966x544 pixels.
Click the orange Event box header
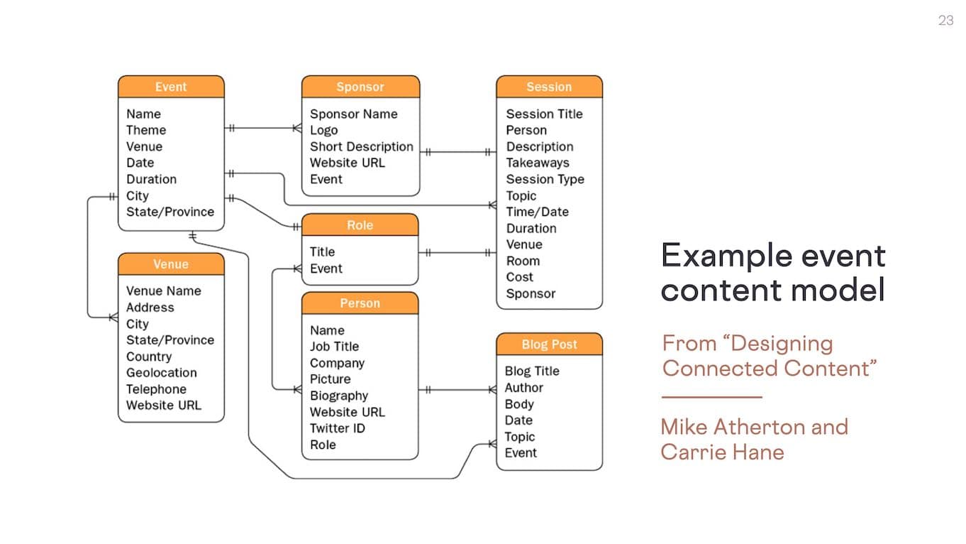[x=171, y=87]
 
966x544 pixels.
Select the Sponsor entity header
[x=360, y=87]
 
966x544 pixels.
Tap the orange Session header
[x=549, y=87]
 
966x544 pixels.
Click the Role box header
[x=360, y=225]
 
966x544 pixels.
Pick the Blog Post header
[x=549, y=344]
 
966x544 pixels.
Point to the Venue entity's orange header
[x=171, y=264]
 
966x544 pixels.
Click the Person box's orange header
[x=360, y=303]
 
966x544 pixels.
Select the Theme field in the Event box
[x=146, y=130]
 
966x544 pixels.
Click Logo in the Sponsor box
[x=323, y=130]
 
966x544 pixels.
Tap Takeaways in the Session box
[x=537, y=163]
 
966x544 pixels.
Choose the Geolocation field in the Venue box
[x=161, y=373]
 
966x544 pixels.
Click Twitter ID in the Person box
[x=338, y=428]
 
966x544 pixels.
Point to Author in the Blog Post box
[x=523, y=388]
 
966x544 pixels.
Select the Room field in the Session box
[x=523, y=261]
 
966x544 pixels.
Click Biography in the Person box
[x=339, y=396]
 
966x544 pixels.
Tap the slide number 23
[x=945, y=21]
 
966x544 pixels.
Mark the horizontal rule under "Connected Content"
[x=711, y=397]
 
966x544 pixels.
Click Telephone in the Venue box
[x=156, y=389]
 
